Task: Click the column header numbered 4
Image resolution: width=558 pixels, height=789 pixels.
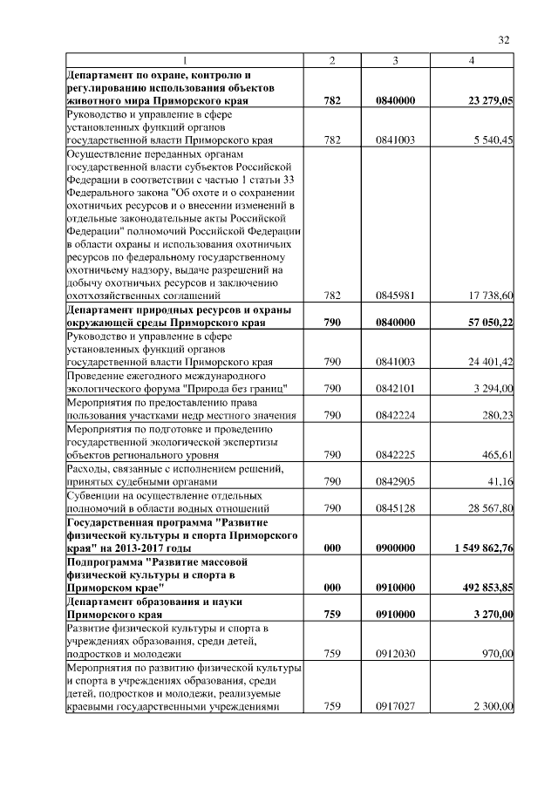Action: tap(472, 59)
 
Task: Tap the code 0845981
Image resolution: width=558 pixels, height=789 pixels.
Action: tap(395, 296)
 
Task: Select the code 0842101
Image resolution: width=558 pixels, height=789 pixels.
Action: tap(395, 388)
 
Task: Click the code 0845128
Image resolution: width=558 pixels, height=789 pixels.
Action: tap(395, 507)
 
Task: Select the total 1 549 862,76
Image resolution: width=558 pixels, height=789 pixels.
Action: tap(484, 548)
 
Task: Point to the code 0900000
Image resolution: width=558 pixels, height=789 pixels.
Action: tap(395, 548)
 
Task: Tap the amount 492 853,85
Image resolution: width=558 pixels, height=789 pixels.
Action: tap(487, 588)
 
